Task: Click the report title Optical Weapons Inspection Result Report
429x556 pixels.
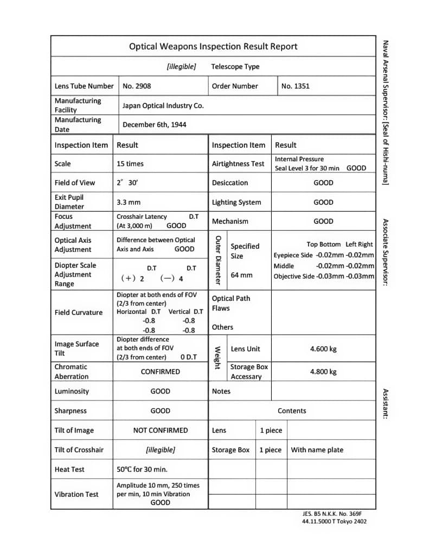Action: point(213,47)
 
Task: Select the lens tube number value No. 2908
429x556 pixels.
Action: point(137,86)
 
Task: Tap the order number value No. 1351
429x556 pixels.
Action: point(295,86)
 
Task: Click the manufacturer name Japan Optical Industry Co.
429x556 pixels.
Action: point(163,105)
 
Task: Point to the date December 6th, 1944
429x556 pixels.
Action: point(154,124)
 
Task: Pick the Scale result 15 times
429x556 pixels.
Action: point(130,163)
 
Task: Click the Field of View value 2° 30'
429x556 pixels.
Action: point(127,183)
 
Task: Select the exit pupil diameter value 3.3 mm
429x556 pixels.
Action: point(129,202)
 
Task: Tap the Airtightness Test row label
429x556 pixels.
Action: point(238,163)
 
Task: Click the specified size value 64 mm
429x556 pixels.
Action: point(241,275)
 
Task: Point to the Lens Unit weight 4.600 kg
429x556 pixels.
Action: point(323,349)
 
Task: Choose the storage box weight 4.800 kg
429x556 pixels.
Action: point(323,372)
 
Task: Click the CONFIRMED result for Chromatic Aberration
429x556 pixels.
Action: point(160,372)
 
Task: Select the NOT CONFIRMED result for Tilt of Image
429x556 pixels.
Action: point(160,430)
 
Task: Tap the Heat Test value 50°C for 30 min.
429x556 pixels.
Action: point(142,469)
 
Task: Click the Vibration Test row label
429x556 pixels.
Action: point(76,494)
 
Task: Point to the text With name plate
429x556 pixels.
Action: point(317,450)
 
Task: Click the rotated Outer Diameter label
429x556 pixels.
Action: point(217,260)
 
